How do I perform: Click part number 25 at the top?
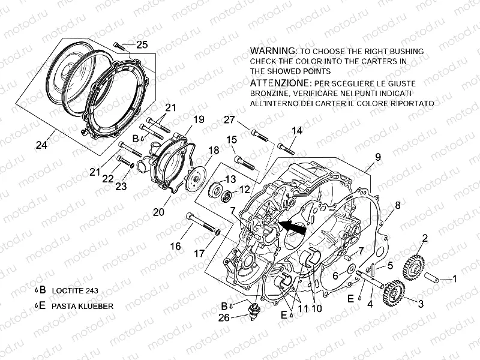[x=142, y=44]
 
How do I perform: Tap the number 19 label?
[x=199, y=119]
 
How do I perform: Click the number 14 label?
[x=297, y=131]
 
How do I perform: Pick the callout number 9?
[x=378, y=157]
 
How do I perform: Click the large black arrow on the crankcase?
[x=293, y=227]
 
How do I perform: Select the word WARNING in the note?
[x=272, y=50]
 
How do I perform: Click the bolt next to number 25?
[x=120, y=44]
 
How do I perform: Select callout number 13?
[x=230, y=179]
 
